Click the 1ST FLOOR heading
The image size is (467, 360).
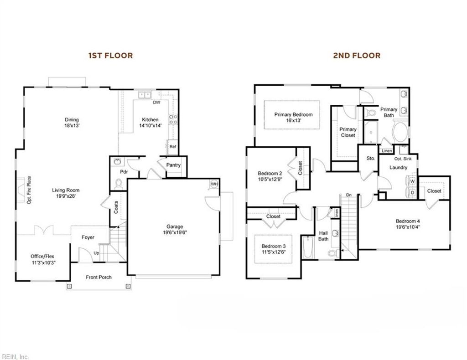pyautogui.click(x=110, y=56)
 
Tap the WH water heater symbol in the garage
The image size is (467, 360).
pyautogui.click(x=213, y=184)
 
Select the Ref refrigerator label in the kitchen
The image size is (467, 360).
pyautogui.click(x=173, y=147)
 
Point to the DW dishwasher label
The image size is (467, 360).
pyautogui.click(x=156, y=103)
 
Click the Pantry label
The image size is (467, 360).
pyautogui.click(x=173, y=165)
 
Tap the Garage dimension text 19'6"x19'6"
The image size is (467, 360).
pyautogui.click(x=174, y=232)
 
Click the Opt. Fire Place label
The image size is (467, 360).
pyautogui.click(x=29, y=190)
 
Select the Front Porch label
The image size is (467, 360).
pyautogui.click(x=99, y=277)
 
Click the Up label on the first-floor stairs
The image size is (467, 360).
pyautogui.click(x=96, y=253)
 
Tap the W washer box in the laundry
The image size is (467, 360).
pyautogui.click(x=412, y=181)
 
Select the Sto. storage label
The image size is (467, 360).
pyautogui.click(x=370, y=158)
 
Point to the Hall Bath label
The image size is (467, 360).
pyautogui.click(x=323, y=236)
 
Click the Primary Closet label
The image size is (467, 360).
pyautogui.click(x=348, y=132)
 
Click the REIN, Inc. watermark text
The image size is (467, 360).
pyautogui.click(x=16, y=356)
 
